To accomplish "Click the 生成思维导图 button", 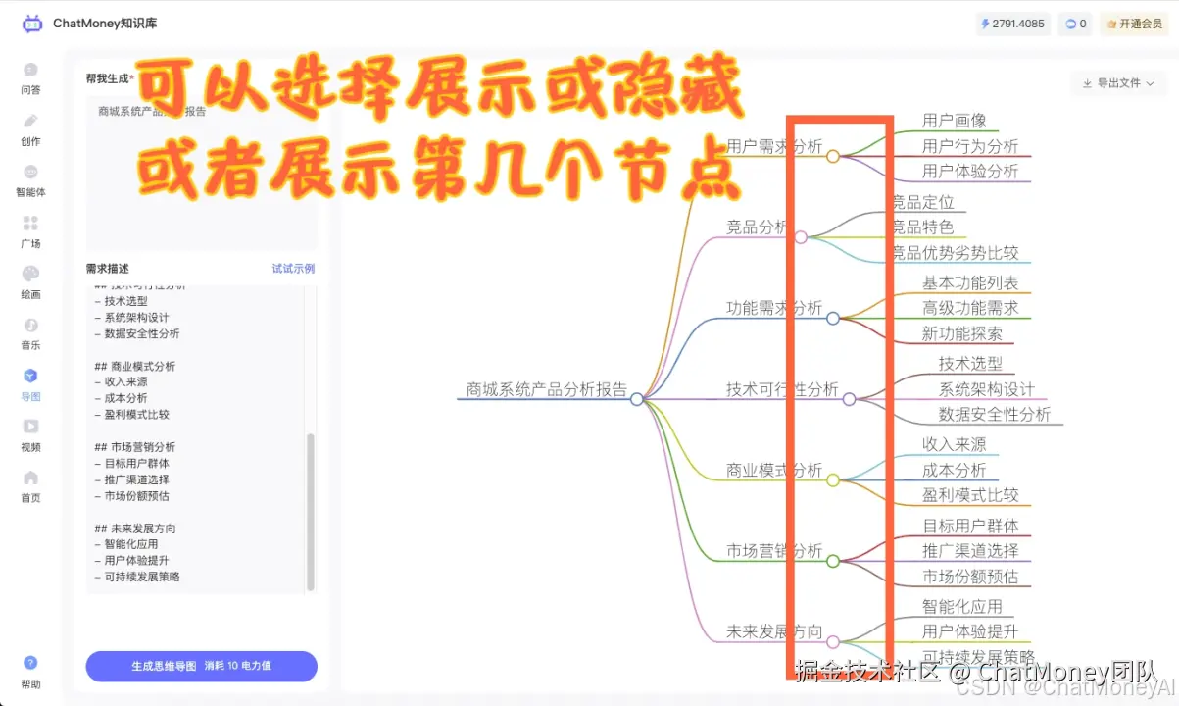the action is click(x=201, y=666).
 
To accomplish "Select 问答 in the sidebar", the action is click(x=30, y=77).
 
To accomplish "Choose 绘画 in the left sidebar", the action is click(x=30, y=281).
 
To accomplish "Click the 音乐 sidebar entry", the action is click(x=30, y=332).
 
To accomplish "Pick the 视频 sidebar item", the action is click(x=30, y=434).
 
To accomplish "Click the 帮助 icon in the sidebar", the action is click(x=30, y=671).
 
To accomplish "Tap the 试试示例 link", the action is click(x=293, y=269).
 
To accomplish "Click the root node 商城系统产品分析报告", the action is click(x=547, y=389).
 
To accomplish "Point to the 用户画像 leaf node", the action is click(x=954, y=121).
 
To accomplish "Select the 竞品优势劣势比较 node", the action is click(x=956, y=253).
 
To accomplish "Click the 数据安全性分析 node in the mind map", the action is click(x=994, y=414).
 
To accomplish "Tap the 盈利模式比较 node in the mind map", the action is click(x=970, y=495).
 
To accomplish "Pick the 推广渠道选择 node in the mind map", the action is click(x=970, y=550).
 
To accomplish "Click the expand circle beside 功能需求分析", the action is click(x=833, y=319).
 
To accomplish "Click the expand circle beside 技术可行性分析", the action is click(x=849, y=399).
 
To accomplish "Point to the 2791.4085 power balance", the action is click(x=1011, y=24).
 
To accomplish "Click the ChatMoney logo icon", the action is click(x=32, y=24).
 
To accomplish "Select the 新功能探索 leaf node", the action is click(x=961, y=333).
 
